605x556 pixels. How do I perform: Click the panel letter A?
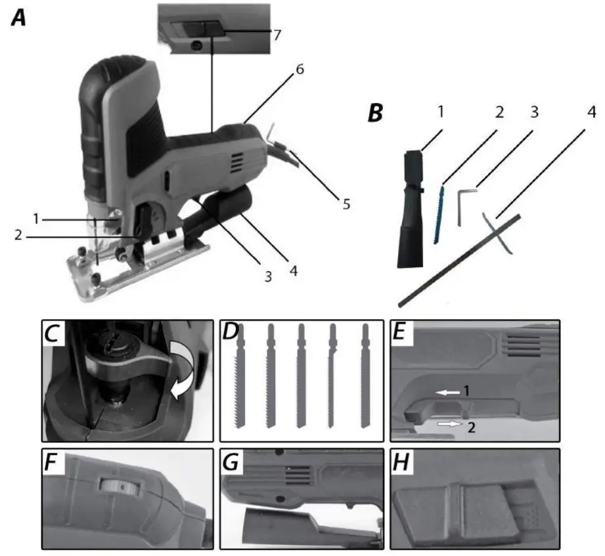pyautogui.click(x=18, y=18)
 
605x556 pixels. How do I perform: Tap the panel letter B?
pyautogui.click(x=375, y=112)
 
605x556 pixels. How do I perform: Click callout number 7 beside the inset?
pyautogui.click(x=278, y=34)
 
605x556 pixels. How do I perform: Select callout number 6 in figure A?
pyautogui.click(x=299, y=68)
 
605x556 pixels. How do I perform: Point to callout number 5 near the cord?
pyautogui.click(x=344, y=205)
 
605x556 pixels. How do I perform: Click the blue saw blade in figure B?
pyautogui.click(x=439, y=214)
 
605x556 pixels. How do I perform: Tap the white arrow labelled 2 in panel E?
pyautogui.click(x=448, y=425)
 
